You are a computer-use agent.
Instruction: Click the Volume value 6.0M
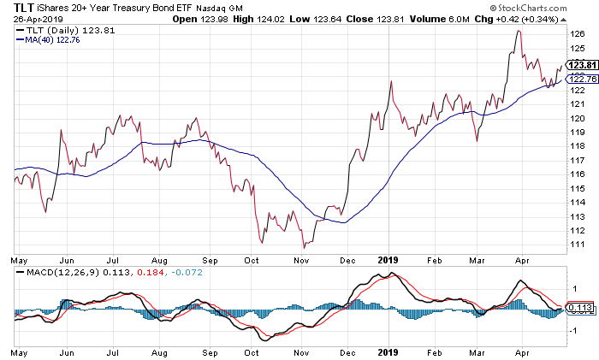(x=445, y=19)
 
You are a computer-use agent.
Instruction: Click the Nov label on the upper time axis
(x=302, y=257)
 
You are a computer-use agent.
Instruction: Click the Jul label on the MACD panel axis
(x=111, y=351)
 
